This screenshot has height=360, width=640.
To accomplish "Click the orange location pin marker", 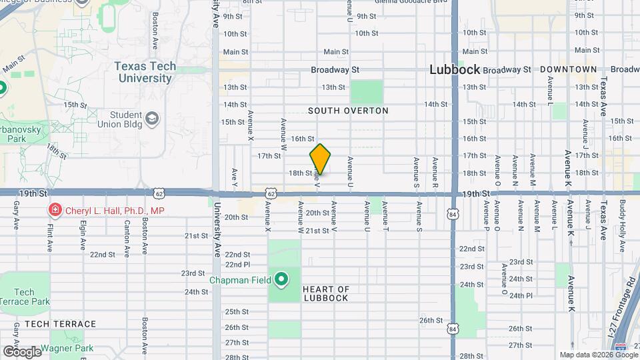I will [320, 159].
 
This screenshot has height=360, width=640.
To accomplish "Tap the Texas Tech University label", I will [145, 72].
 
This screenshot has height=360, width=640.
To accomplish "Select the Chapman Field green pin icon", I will [281, 279].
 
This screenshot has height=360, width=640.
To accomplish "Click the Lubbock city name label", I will [455, 69].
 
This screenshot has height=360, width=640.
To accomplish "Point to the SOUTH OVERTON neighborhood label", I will [348, 111].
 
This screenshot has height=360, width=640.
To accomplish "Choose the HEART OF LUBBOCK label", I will [325, 293].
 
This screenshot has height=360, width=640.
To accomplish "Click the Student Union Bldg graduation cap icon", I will [153, 119].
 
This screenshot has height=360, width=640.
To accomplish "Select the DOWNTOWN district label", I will [568, 69].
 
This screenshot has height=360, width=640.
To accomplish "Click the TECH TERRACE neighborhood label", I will [60, 324].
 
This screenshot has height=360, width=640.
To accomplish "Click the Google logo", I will [22, 351].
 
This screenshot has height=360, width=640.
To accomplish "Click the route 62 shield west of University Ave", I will [159, 193].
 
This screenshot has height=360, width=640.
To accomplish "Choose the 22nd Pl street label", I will [237, 264].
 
